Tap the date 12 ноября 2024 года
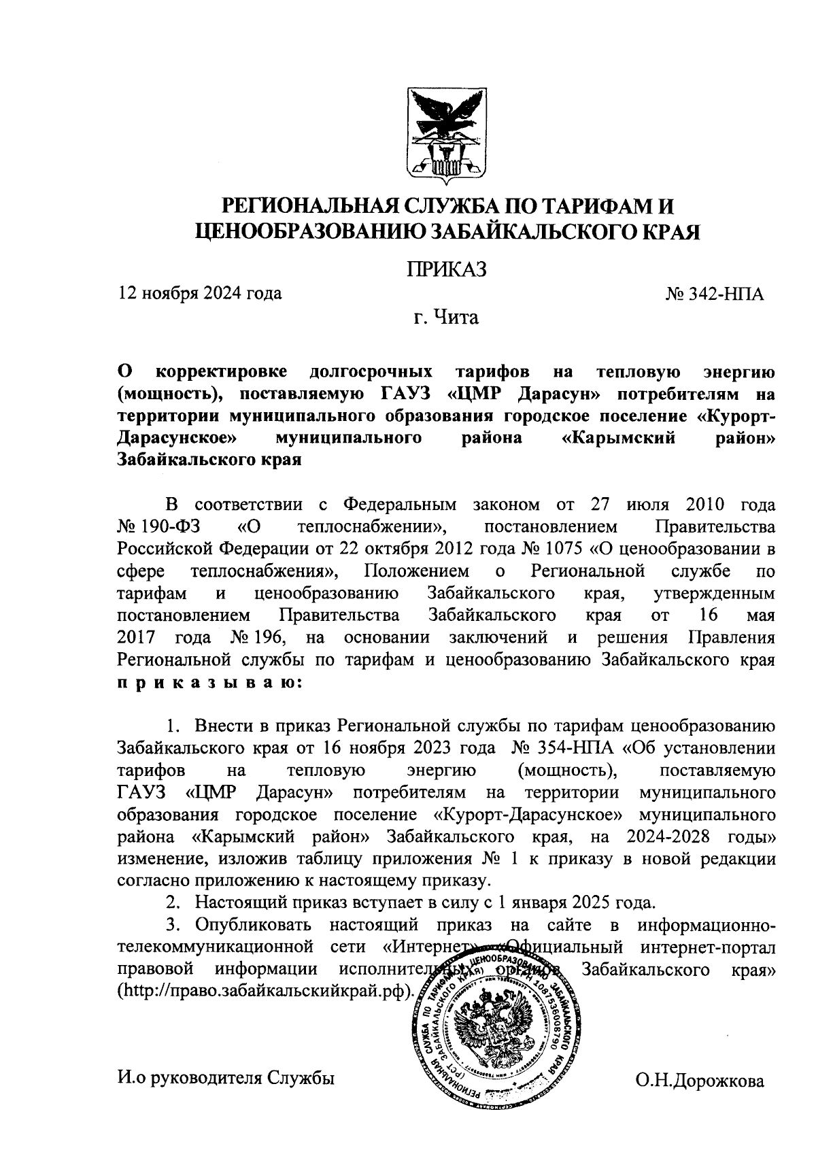point(200,294)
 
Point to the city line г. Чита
point(446,318)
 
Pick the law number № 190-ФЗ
point(163,527)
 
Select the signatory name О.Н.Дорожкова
point(700,1081)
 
